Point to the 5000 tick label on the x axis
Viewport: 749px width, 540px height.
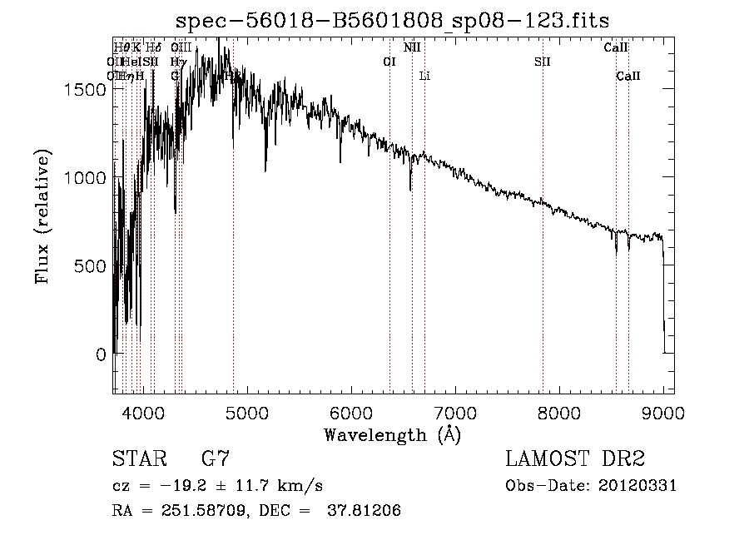coord(246,412)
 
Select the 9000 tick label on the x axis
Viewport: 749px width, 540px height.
coord(663,412)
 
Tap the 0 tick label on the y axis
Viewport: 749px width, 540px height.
coord(102,354)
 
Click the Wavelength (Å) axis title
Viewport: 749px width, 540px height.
coord(392,434)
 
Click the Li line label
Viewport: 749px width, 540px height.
coord(424,77)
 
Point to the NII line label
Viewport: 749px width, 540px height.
coord(412,47)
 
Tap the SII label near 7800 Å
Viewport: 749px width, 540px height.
coord(543,62)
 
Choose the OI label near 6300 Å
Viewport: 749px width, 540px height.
coord(389,62)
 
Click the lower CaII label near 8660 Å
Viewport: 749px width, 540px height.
coord(628,77)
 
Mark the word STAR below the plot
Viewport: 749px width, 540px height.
coord(137,458)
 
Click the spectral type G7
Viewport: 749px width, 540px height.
coord(216,458)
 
